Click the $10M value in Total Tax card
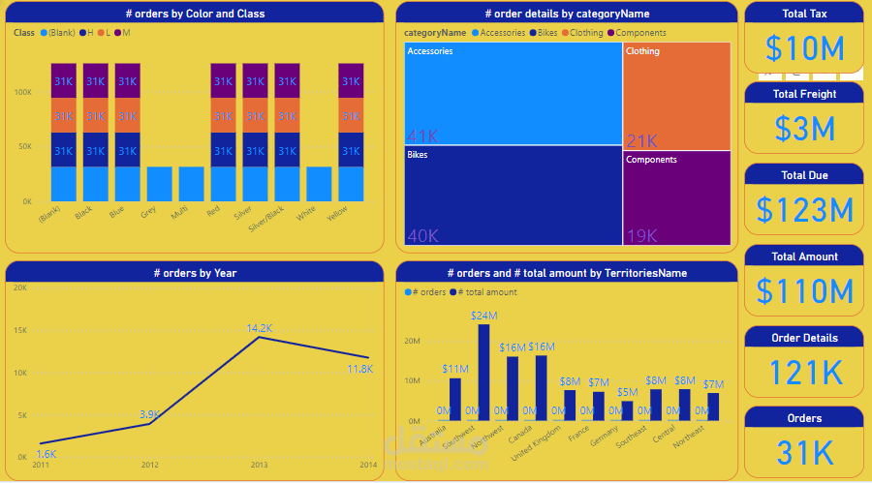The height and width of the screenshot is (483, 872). click(x=804, y=48)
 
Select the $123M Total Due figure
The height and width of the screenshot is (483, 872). click(x=804, y=210)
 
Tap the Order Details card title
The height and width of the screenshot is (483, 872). click(x=804, y=338)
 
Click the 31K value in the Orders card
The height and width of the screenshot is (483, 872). click(x=804, y=453)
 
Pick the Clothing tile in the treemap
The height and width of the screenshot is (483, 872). click(x=676, y=95)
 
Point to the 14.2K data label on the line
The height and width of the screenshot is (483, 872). click(x=260, y=328)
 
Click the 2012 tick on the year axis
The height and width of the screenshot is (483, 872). click(x=150, y=465)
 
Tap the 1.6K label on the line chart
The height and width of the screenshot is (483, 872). click(x=47, y=452)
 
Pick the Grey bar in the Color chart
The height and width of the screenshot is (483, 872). click(x=159, y=184)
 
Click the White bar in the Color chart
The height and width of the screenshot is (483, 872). click(x=319, y=184)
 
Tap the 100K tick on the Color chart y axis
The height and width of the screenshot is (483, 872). click(x=22, y=92)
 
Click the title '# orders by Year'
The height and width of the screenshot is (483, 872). click(x=195, y=273)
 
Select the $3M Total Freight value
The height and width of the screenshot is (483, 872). click(x=804, y=129)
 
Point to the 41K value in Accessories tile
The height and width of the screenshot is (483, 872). click(x=423, y=136)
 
